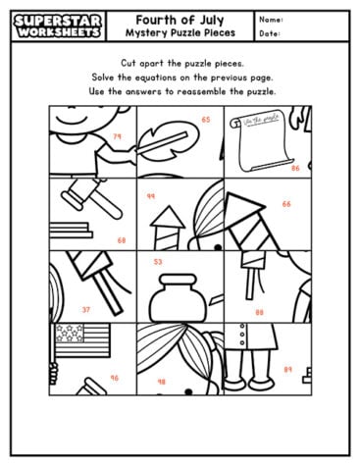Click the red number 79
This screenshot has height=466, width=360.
point(118,136)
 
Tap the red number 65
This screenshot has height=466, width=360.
point(206,120)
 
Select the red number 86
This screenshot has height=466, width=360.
point(295,168)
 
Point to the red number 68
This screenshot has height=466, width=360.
point(122,239)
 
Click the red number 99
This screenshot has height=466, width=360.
point(151,196)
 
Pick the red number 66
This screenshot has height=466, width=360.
point(286,204)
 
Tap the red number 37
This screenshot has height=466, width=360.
point(86,309)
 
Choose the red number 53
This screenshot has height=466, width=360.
point(158,262)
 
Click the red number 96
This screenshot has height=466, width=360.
point(114,378)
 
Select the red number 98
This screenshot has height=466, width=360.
point(161,381)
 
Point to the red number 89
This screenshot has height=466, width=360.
point(287,369)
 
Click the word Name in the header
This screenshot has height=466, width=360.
point(272,19)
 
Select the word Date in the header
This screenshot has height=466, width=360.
point(271,33)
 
